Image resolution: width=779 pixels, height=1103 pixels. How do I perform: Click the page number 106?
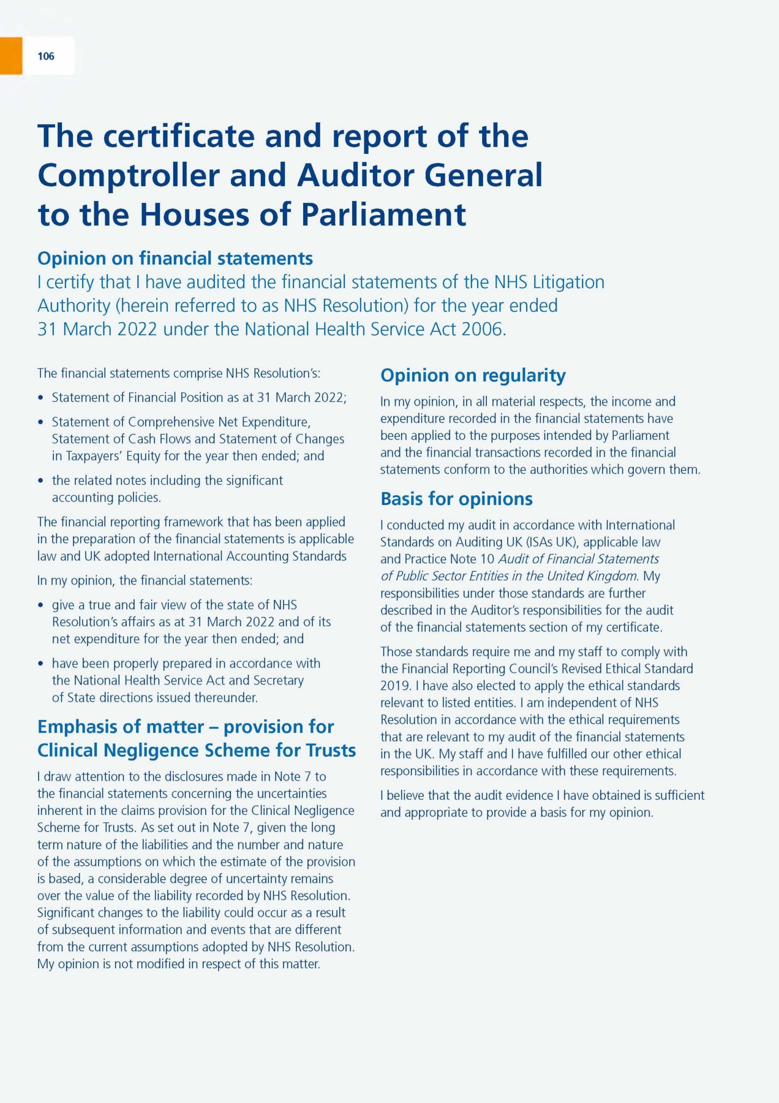pyautogui.click(x=46, y=56)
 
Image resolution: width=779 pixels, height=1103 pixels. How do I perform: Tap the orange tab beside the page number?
pyautogui.click(x=10, y=56)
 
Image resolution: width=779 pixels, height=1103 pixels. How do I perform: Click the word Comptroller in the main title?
pyautogui.click(x=128, y=176)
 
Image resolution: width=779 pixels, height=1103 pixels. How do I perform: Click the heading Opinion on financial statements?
pyautogui.click(x=175, y=259)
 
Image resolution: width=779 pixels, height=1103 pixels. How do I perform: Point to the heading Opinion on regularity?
pyautogui.click(x=473, y=375)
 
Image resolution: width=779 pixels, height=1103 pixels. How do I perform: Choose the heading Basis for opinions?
pyautogui.click(x=456, y=499)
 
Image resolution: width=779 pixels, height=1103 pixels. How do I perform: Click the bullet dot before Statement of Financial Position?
pyautogui.click(x=41, y=398)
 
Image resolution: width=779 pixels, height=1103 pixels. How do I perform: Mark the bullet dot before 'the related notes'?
pyautogui.click(x=41, y=481)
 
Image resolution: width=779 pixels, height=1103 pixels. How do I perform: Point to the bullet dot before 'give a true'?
pyautogui.click(x=41, y=605)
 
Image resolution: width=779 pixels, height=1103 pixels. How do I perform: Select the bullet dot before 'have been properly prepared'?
pyautogui.click(x=41, y=664)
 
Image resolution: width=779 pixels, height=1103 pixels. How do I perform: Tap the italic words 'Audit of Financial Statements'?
pyautogui.click(x=578, y=559)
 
